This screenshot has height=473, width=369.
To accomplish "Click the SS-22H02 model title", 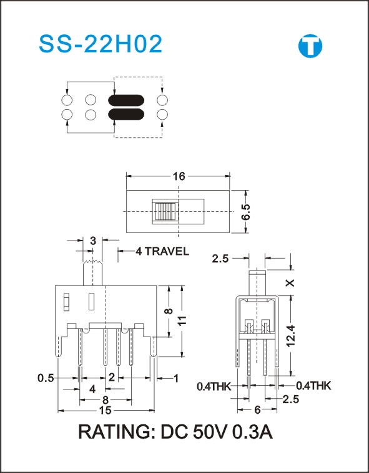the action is click(101, 44).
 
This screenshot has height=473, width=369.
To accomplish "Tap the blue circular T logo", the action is click(310, 46).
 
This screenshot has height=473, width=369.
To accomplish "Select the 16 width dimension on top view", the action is click(179, 176).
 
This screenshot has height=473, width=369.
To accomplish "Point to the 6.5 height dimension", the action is click(245, 212).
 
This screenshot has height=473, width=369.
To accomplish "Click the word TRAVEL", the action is click(167, 251).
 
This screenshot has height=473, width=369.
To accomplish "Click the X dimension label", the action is click(290, 283).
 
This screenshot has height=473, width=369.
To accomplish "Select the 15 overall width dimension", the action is click(106, 411).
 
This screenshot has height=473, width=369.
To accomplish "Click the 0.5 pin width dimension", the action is click(46, 378).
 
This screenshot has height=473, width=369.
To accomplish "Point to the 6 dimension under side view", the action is click(257, 409).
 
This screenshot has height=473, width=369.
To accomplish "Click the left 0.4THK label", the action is click(214, 386).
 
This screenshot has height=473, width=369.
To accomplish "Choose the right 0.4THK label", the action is click(313, 386).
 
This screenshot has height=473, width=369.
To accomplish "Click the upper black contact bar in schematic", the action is click(126, 100).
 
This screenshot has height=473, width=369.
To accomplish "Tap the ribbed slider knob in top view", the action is click(165, 211).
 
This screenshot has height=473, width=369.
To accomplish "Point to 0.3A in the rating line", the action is click(253, 432).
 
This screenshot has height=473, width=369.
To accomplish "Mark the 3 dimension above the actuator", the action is click(93, 241).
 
